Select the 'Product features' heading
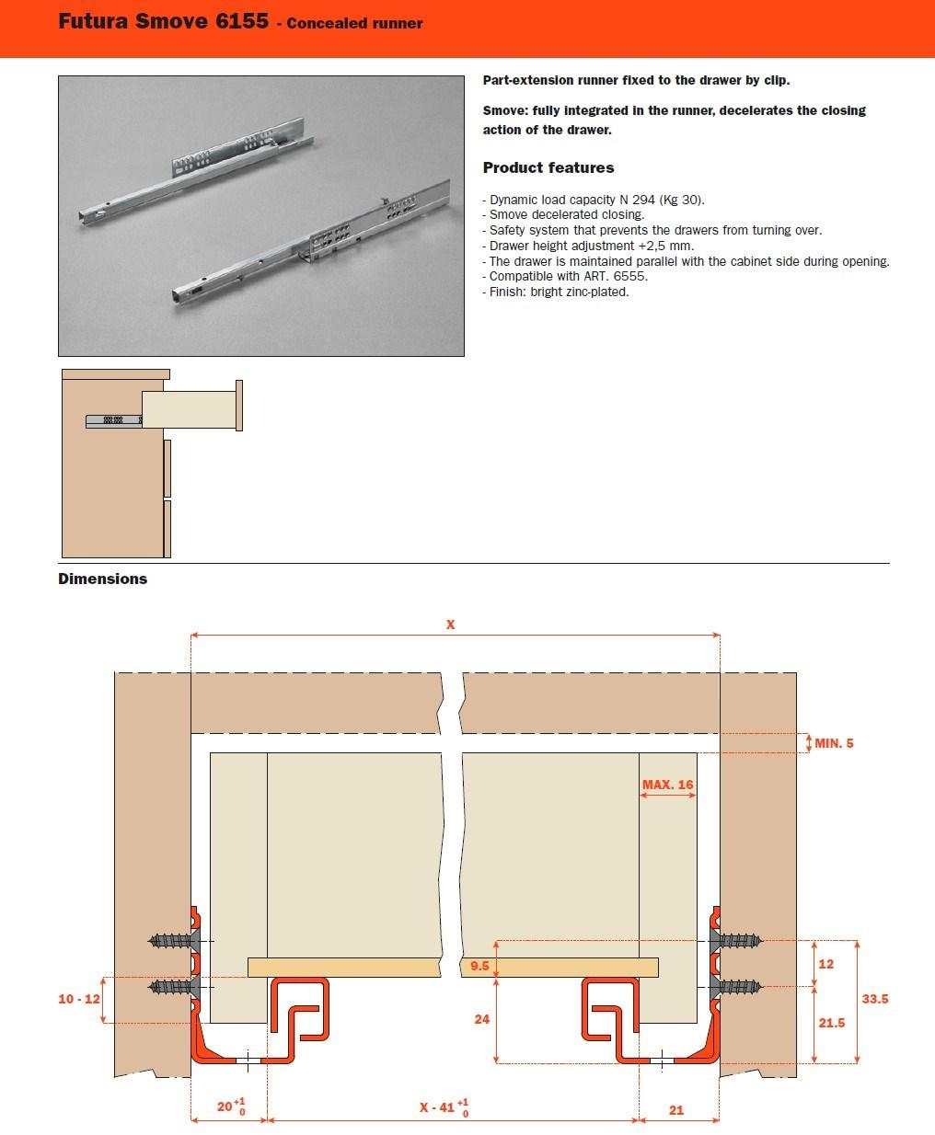point(548,167)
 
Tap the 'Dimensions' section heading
point(102,579)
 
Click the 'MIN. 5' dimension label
point(834,743)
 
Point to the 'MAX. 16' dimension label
point(667,785)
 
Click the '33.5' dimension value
point(874,999)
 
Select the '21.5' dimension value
point(831,1023)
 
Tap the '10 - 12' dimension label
point(78,999)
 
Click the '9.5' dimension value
point(479,967)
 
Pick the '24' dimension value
point(481,1019)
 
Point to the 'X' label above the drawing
point(450,625)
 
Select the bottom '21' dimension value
point(676,1110)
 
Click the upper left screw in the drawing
point(173,941)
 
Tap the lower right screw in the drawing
point(736,988)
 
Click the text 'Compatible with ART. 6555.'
point(568,276)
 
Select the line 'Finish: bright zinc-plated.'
point(558,292)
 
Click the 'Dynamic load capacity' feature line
point(596,200)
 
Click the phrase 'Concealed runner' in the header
point(354,23)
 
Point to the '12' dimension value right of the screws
point(825,964)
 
